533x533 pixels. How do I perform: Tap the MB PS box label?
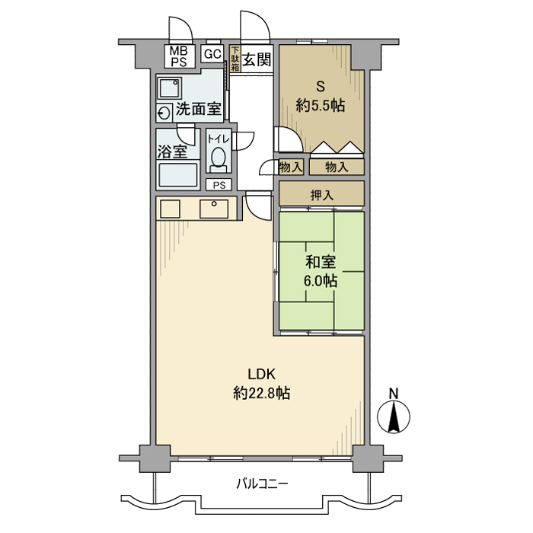point(178,56)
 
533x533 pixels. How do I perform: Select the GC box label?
point(212,54)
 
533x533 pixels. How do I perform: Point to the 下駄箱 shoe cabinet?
point(235,59)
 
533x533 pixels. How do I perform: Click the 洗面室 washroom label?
point(199,109)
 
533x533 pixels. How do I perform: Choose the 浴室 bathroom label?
point(173,151)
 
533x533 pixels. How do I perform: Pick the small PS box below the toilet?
point(219,185)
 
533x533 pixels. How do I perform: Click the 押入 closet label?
point(321,195)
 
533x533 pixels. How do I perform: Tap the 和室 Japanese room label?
point(321,263)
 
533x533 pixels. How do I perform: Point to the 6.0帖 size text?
point(321,281)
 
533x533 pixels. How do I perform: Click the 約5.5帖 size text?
point(320,107)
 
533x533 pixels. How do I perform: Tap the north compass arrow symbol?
point(394,417)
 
